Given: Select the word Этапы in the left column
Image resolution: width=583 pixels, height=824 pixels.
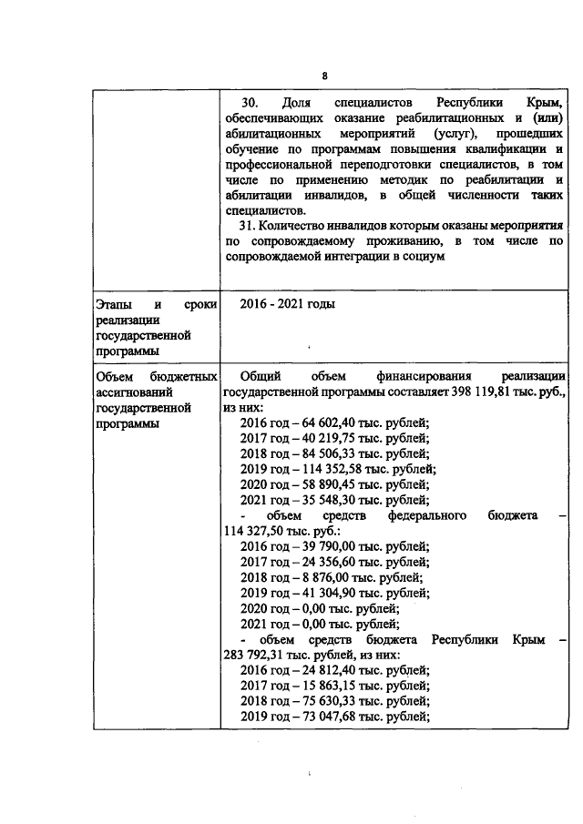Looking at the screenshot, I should coord(115,304).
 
